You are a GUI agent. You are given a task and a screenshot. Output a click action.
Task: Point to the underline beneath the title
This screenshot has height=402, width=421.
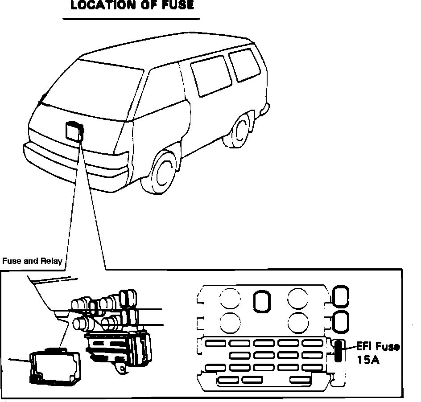click(131, 19)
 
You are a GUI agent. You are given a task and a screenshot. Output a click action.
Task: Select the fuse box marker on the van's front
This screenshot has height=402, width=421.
click(74, 132)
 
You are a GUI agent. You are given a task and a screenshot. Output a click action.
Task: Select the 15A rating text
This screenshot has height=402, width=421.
click(368, 360)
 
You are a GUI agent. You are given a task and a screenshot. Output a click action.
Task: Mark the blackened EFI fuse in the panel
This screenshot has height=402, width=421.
click(339, 350)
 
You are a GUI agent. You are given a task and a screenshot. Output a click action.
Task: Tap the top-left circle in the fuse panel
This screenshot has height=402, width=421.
click(231, 297)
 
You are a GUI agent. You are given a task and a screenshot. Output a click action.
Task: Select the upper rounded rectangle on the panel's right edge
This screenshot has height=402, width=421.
click(341, 296)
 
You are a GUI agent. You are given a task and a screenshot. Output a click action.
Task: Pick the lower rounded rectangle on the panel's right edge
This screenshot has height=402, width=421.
click(341, 321)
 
